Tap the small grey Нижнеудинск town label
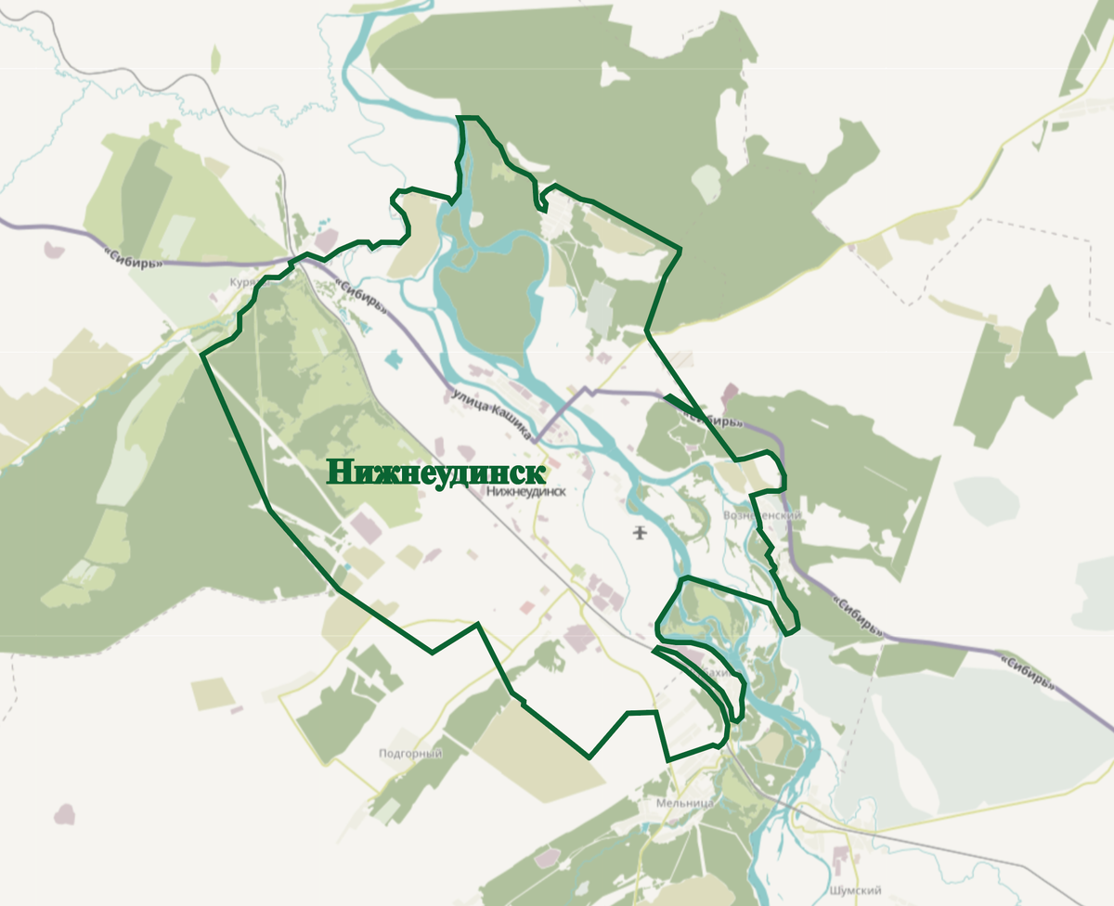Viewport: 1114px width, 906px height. pyautogui.click(x=525, y=493)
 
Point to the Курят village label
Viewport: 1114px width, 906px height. pyautogui.click(x=242, y=282)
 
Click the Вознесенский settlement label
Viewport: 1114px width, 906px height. pyautogui.click(x=761, y=515)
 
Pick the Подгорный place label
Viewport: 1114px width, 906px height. pyautogui.click(x=410, y=754)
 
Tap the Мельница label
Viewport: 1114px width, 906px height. pyautogui.click(x=684, y=802)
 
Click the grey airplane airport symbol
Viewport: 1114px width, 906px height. pyautogui.click(x=639, y=532)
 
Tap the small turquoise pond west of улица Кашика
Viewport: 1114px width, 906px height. pyautogui.click(x=394, y=357)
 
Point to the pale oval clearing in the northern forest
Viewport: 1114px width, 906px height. pyautogui.click(x=708, y=183)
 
